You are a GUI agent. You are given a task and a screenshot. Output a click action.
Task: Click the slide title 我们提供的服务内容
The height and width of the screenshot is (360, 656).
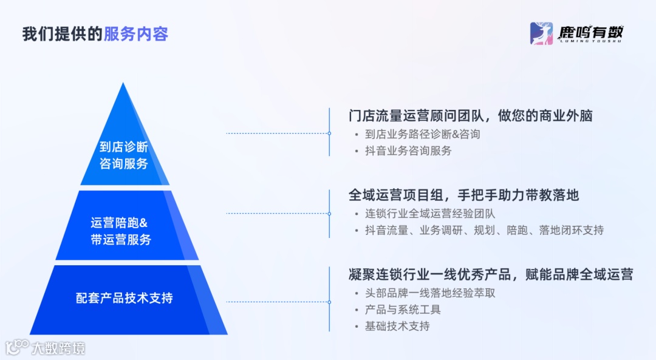pyautogui.click(x=95, y=34)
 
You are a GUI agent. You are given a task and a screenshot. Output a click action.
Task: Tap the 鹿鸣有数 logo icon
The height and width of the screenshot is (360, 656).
pyautogui.click(x=541, y=33)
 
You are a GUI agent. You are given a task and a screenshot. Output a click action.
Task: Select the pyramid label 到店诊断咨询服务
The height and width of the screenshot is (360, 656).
pyautogui.click(x=124, y=155)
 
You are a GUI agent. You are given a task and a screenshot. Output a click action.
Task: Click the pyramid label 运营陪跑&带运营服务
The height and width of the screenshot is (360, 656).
pyautogui.click(x=120, y=231)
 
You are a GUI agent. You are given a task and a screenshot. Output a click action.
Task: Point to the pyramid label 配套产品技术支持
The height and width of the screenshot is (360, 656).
pyautogui.click(x=124, y=298)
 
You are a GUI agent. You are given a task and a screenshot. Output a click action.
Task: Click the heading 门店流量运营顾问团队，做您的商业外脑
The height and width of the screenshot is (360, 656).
pyautogui.click(x=470, y=115)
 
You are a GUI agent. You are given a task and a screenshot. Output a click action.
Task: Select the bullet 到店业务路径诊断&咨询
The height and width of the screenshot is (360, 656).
pyautogui.click(x=422, y=134)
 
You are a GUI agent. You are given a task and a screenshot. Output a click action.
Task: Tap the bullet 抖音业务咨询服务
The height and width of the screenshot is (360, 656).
pyautogui.click(x=408, y=151)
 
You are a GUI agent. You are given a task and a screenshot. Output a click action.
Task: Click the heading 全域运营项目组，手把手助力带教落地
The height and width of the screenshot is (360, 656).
pyautogui.click(x=463, y=195)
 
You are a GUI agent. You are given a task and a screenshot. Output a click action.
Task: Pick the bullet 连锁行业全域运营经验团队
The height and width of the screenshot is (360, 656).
pyautogui.click(x=430, y=214)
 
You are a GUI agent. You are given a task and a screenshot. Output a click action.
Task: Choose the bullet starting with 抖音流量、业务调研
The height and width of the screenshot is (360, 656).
pyautogui.click(x=484, y=230)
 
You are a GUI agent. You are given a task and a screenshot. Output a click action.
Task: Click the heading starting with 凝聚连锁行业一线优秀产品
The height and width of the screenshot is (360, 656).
pyautogui.click(x=491, y=274)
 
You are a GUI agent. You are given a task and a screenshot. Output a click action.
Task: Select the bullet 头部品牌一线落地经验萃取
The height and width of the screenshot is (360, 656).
pyautogui.click(x=430, y=293)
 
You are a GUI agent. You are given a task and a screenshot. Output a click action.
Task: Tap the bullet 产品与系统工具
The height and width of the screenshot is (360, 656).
pyautogui.click(x=403, y=310)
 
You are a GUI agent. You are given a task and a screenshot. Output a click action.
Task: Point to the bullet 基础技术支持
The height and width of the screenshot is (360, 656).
pyautogui.click(x=397, y=326)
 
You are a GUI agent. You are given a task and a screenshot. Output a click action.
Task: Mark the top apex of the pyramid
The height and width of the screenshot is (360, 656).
pyautogui.click(x=123, y=84)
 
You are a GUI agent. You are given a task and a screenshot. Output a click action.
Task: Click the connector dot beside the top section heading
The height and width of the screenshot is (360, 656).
pyautogui.click(x=329, y=133)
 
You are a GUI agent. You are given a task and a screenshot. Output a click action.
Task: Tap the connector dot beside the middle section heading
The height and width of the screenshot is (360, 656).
pyautogui.click(x=329, y=213)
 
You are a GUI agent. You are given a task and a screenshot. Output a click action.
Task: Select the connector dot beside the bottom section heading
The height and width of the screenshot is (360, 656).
pyautogui.click(x=329, y=301)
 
